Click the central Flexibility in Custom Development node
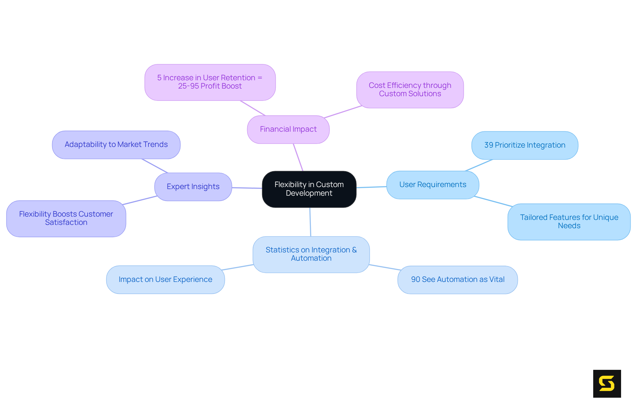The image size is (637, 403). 309,189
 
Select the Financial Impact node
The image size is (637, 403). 288,129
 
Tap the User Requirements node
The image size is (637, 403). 433,185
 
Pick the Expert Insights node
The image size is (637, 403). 193,187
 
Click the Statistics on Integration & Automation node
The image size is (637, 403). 311,254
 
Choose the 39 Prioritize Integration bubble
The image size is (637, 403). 525,145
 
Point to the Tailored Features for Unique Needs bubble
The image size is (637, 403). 569,222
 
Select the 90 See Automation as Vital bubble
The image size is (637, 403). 458,280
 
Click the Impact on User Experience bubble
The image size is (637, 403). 165,280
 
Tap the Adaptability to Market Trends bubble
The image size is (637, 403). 116,145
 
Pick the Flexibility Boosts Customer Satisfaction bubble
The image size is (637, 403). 66,218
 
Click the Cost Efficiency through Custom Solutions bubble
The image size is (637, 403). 410,90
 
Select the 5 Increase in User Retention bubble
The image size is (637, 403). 210,82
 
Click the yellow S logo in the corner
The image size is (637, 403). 607,383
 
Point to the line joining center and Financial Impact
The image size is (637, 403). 298,157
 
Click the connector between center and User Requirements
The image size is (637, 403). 372,187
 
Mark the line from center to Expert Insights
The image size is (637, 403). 247,188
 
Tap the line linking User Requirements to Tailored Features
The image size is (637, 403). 493,201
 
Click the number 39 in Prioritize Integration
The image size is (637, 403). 488,145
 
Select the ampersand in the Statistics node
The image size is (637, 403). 354,250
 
